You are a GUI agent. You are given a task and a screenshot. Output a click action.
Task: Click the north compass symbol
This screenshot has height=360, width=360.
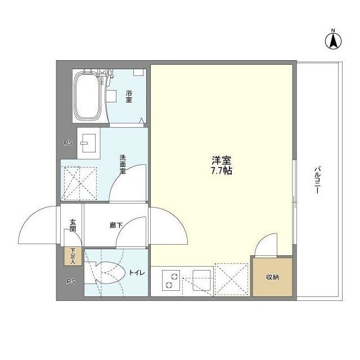[x=333, y=39]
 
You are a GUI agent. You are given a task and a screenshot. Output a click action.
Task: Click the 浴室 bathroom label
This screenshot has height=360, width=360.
[x=129, y=96]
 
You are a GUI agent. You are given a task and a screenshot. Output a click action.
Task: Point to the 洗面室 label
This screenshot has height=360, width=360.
[x=122, y=164]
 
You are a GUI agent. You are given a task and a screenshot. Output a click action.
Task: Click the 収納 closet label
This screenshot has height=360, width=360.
[x=272, y=278]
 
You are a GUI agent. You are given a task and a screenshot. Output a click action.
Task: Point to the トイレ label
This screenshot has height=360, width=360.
[x=137, y=273]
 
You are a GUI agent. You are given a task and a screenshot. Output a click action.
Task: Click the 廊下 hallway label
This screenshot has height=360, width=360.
[x=116, y=226]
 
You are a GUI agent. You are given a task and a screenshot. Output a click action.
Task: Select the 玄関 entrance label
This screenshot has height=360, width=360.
[x=73, y=226]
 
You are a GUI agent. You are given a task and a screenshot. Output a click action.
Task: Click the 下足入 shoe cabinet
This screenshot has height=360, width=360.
[x=73, y=256]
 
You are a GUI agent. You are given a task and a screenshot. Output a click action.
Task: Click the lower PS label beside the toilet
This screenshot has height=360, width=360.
[x=70, y=281]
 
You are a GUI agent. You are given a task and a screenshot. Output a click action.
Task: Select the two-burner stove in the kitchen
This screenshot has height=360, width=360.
[x=170, y=280]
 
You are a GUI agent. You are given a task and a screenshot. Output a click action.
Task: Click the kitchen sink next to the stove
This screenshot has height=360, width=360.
[x=201, y=280]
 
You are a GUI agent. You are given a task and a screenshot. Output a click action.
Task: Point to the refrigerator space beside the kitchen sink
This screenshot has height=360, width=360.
[x=232, y=279]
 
